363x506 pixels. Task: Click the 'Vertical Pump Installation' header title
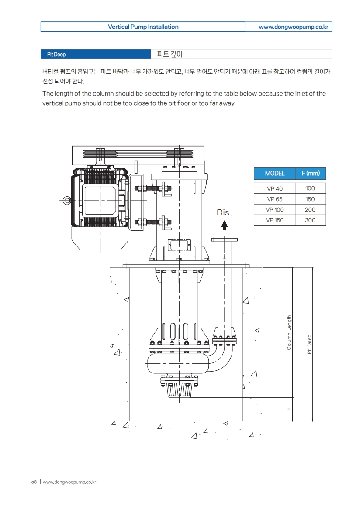point(143,27)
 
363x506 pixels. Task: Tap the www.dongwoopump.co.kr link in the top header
point(293,27)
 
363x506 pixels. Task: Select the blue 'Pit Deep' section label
point(56,55)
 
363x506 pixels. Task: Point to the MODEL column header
point(274,173)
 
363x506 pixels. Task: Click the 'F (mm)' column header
point(311,173)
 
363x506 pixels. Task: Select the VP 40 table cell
point(275,189)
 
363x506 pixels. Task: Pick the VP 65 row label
point(275,199)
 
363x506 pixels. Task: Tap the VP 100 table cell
point(275,210)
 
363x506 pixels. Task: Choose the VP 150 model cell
point(275,220)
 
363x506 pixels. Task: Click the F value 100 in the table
point(310,189)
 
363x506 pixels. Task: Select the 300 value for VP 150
point(310,220)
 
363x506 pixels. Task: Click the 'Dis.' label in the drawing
point(224,213)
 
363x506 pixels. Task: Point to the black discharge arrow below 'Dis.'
point(224,225)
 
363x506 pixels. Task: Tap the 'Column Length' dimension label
point(289,332)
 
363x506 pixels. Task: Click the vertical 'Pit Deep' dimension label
point(309,344)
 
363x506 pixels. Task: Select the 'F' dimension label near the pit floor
point(289,410)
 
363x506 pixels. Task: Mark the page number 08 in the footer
point(34,482)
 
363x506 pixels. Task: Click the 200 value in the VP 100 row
point(310,210)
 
